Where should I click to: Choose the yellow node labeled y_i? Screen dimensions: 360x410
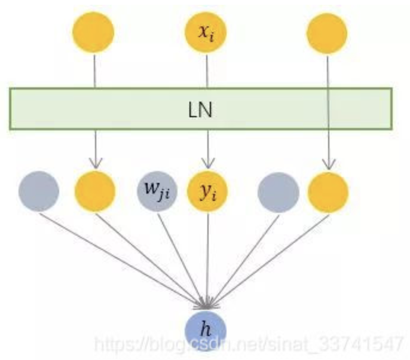(x=207, y=191)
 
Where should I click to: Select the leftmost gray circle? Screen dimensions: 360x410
(x=39, y=191)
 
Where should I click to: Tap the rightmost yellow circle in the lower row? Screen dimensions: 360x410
(x=328, y=191)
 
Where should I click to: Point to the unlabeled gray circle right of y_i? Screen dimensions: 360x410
(x=278, y=191)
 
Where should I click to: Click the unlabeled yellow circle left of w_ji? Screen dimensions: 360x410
(x=94, y=191)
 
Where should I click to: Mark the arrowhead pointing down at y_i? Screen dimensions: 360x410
(x=207, y=163)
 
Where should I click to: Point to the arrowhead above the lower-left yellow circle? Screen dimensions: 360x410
(x=94, y=163)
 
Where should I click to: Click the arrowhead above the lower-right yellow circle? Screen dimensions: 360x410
(x=328, y=163)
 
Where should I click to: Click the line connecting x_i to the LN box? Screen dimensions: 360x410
(x=207, y=71)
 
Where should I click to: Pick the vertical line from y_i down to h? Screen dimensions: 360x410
(x=207, y=257)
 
